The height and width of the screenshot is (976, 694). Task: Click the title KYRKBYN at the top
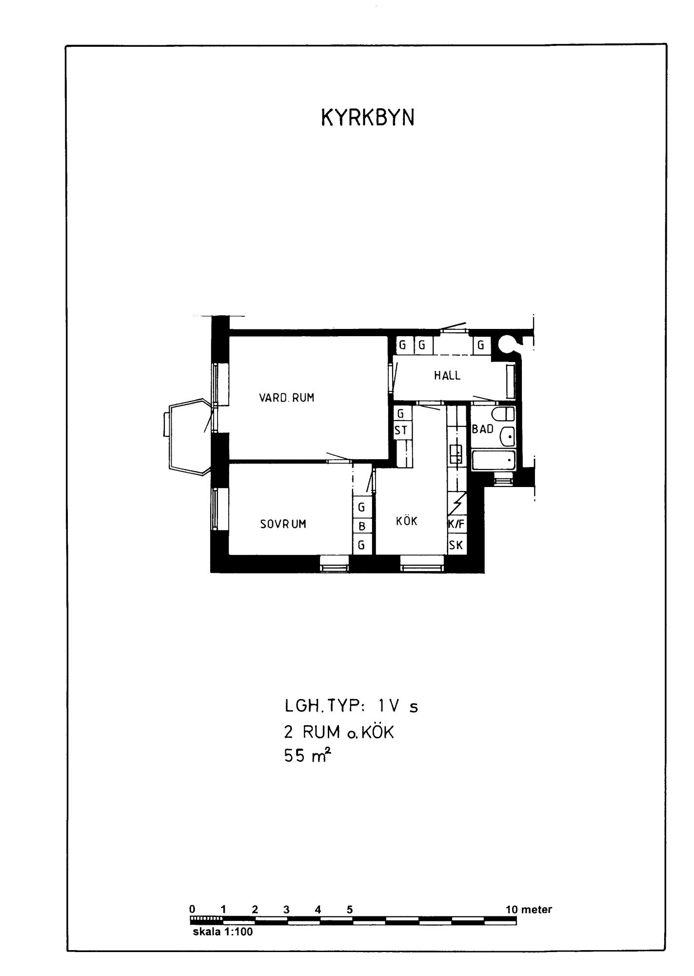point(368,118)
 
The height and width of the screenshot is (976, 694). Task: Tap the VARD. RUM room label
point(287,398)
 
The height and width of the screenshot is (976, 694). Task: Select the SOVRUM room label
point(283,524)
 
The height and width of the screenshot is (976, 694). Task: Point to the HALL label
point(447,376)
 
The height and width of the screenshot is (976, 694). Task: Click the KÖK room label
point(407,521)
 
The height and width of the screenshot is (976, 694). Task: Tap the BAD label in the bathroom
point(483,429)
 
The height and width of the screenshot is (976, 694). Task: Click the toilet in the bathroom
point(503,414)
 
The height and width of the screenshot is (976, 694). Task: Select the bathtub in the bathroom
point(494,461)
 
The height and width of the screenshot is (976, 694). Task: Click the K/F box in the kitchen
point(456,525)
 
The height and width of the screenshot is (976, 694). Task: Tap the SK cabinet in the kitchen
point(456,545)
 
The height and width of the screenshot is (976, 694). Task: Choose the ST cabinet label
point(401,430)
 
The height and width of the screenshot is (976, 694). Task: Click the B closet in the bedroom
point(362,526)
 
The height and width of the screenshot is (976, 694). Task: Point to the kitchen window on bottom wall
point(422,567)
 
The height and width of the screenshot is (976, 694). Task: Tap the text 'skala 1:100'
point(223,932)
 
